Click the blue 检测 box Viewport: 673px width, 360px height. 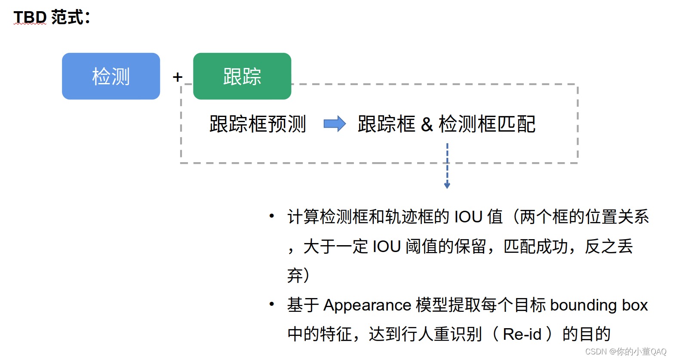(111, 76)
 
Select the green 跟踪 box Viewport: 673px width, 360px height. (242, 76)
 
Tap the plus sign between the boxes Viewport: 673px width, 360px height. (177, 77)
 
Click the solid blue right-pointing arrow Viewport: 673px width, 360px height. (335, 124)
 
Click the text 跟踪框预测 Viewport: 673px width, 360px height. (258, 124)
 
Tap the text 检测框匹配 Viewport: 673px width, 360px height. (487, 124)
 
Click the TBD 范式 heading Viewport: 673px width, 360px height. (52, 18)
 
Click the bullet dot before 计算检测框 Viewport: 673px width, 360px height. (271, 215)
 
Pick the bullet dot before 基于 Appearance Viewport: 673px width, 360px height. (271, 304)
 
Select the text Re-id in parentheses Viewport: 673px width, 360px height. (522, 334)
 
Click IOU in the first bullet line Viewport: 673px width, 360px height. (468, 217)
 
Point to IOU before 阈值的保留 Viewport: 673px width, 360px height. (387, 247)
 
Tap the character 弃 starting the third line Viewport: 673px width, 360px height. (295, 276)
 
